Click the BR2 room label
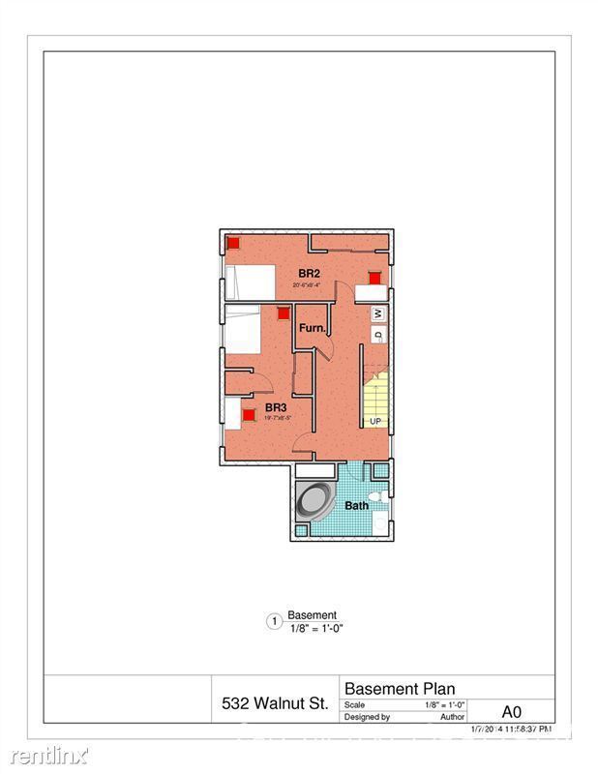(309, 274)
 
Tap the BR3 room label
(276, 408)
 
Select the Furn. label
(311, 329)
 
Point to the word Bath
(357, 505)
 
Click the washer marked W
(378, 314)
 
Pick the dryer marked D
(378, 335)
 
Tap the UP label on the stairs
(374, 422)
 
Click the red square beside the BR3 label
(249, 415)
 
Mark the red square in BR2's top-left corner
(233, 243)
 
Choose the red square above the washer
(374, 278)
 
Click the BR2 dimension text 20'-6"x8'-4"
(309, 285)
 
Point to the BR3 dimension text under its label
(276, 419)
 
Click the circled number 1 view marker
(274, 622)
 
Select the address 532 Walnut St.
(274, 703)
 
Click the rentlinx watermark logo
(45, 753)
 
